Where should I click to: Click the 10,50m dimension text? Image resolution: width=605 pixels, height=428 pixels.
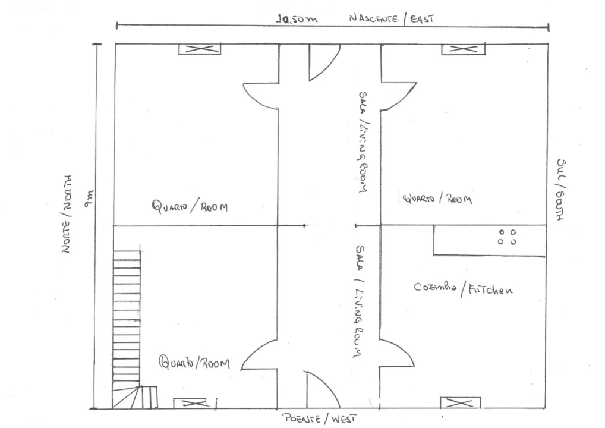coord(297,19)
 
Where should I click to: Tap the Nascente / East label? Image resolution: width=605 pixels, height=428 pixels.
coord(391,18)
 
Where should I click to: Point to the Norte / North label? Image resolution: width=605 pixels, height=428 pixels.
coord(67,214)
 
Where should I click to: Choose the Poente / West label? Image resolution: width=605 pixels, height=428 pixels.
coord(319,418)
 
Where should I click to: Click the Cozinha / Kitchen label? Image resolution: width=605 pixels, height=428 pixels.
coord(464,289)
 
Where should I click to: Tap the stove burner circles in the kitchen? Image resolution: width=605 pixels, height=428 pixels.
coord(507,237)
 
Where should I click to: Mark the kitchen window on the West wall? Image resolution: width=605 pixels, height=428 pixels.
coord(461,403)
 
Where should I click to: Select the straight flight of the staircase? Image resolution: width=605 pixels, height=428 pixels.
coord(127,319)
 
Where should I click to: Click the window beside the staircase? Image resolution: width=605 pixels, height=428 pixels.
coord(192,403)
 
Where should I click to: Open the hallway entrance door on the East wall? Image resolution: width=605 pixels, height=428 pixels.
coord(323,62)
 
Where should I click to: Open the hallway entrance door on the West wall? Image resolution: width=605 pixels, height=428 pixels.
coord(322,390)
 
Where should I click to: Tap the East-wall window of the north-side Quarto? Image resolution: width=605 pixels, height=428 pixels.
coord(200,49)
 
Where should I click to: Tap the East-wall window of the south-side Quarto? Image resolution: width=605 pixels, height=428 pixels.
coord(463,49)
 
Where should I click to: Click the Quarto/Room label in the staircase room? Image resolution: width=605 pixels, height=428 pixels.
coord(194,363)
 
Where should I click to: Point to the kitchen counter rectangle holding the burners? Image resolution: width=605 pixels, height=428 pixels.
coord(490,240)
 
